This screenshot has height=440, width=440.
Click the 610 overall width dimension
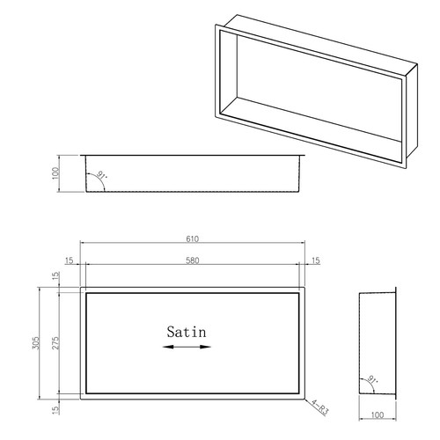click(x=193, y=238)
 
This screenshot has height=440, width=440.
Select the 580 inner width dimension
click(x=193, y=260)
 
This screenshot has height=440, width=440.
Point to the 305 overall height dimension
click(x=35, y=342)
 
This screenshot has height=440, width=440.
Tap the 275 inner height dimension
click(x=55, y=342)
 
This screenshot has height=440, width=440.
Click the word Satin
click(x=187, y=332)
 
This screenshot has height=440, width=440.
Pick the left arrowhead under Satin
click(x=168, y=347)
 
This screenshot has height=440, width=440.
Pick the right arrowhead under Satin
click(x=205, y=347)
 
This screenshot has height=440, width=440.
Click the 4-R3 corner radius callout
click(x=319, y=407)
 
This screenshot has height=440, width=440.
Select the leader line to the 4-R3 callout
click(x=308, y=402)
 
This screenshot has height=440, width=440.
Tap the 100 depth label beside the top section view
click(x=55, y=173)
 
